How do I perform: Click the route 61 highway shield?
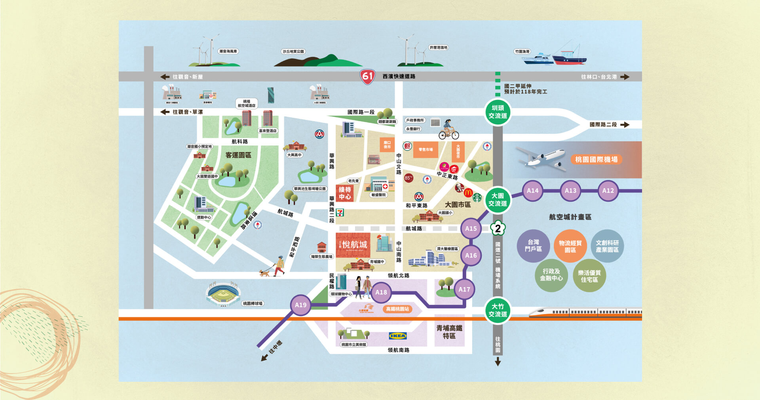367,76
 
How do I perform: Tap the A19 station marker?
300,305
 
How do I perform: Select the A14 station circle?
532,190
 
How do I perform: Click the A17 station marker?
464,290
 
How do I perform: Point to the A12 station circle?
608,190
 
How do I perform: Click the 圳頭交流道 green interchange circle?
498,112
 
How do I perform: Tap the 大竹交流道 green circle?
498,310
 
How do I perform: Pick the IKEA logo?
398,336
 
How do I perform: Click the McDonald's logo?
468,193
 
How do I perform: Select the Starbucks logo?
477,197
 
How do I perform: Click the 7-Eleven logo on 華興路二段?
340,213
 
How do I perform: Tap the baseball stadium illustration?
223,294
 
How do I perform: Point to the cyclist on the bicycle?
448,130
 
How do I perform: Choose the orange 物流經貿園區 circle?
570,246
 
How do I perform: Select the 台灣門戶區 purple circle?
533,246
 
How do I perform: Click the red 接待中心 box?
345,193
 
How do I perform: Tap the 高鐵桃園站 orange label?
397,309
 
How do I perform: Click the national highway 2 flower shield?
498,228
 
